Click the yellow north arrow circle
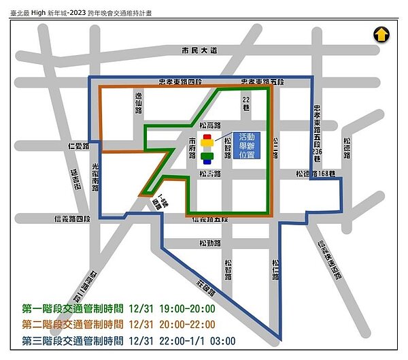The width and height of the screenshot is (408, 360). click(381, 34)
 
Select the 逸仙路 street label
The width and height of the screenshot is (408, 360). click(138, 103)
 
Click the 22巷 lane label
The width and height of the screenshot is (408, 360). click(247, 103)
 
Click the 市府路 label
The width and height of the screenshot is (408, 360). click(193, 146)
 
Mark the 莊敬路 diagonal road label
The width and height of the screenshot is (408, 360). click(204, 287)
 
